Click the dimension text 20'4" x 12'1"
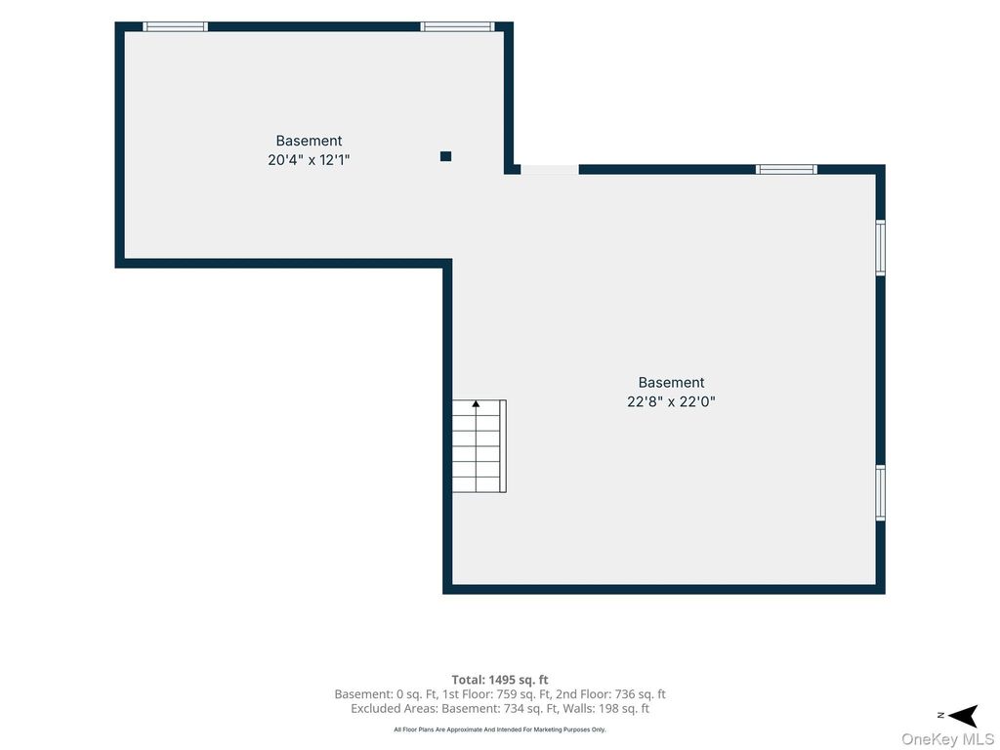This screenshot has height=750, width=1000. tap(309, 159)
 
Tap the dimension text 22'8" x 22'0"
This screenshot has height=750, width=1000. tap(671, 401)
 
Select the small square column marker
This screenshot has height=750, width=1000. tap(445, 156)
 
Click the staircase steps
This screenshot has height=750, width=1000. tap(479, 445)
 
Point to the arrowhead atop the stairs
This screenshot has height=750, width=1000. tap(476, 403)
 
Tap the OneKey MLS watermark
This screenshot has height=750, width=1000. tap(947, 739)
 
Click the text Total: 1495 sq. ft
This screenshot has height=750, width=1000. tap(500, 680)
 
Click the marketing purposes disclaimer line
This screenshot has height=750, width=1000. tap(500, 729)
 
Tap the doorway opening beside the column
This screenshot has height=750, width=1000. tap(550, 170)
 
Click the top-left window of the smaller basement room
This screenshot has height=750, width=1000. tap(175, 26)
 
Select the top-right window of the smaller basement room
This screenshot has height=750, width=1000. tap(457, 26)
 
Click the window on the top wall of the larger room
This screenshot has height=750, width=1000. tap(786, 170)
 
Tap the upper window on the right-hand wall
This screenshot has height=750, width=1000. tap(881, 247)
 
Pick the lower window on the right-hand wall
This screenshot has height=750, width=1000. tap(881, 493)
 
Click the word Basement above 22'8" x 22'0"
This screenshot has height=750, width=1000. tap(671, 383)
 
